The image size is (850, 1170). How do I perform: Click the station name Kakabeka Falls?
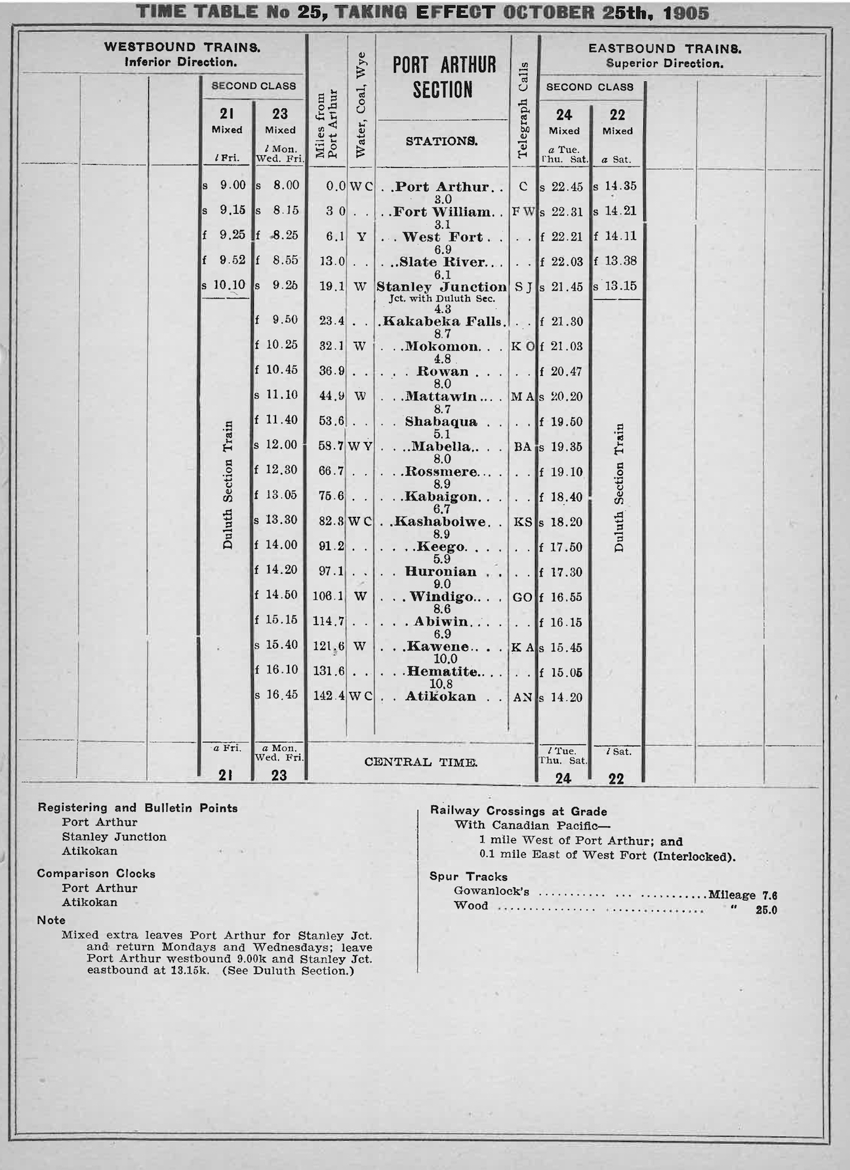click(x=443, y=321)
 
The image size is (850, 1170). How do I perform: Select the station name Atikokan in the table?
click(x=440, y=696)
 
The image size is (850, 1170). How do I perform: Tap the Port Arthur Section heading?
click(x=444, y=77)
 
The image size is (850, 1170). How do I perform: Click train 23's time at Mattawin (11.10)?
click(x=281, y=395)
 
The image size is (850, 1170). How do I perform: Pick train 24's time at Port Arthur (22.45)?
click(x=567, y=186)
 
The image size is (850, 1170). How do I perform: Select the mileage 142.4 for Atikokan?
click(x=329, y=696)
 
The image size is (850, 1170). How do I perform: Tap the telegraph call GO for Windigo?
click(x=522, y=597)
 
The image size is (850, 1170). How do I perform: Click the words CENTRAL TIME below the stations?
click(x=420, y=762)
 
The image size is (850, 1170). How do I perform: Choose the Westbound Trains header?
click(x=182, y=47)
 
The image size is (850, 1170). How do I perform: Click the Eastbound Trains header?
click(x=664, y=49)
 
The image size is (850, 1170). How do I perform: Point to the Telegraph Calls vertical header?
click(x=523, y=110)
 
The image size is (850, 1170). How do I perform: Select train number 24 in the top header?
click(x=564, y=115)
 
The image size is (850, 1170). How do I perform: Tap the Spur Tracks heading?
click(x=468, y=876)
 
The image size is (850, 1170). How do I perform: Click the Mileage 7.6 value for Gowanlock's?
click(x=742, y=895)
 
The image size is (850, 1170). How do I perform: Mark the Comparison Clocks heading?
click(x=96, y=874)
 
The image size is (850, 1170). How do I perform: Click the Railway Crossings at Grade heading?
click(x=518, y=811)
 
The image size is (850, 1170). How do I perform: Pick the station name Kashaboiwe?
click(x=443, y=522)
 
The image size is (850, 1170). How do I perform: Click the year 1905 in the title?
click(x=687, y=13)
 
